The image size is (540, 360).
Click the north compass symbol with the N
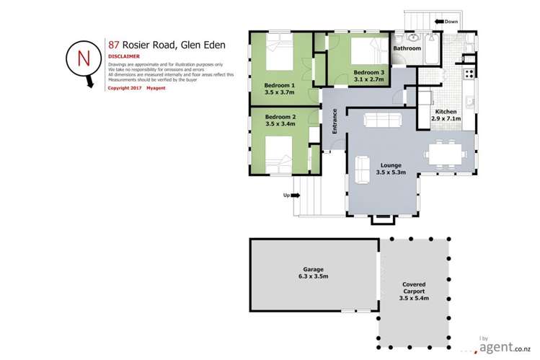pyautogui.click(x=80, y=60)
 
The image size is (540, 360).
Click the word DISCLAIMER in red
pyautogui.click(x=123, y=56)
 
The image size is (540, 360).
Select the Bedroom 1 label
pyautogui.click(x=280, y=84)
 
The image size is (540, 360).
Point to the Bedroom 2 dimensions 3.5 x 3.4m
pyautogui.click(x=280, y=124)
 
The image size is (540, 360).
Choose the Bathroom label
pyautogui.click(x=407, y=48)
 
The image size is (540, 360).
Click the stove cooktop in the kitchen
pyautogui.click(x=469, y=73)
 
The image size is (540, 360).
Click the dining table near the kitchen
pyautogui.click(x=446, y=154)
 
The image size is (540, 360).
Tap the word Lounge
pyautogui.click(x=391, y=165)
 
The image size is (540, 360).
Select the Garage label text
pyautogui.click(x=312, y=269)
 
